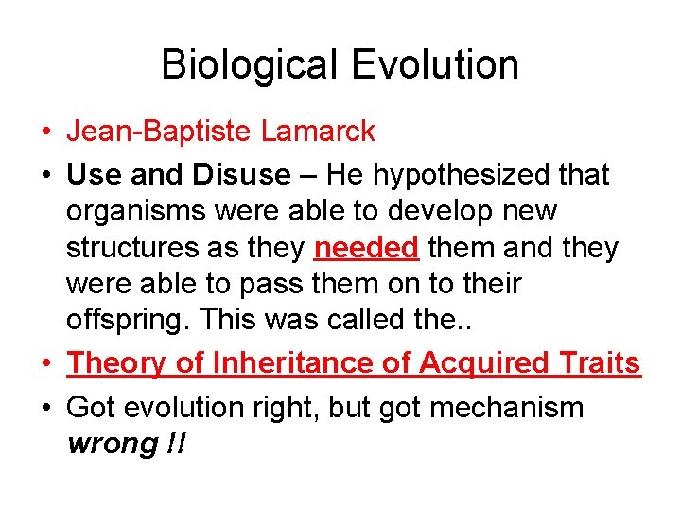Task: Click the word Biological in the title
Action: click(x=248, y=66)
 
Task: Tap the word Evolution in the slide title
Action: click(x=435, y=66)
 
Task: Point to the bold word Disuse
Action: click(x=241, y=175)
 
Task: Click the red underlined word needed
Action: click(x=366, y=248)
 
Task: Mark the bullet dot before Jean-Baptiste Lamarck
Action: click(x=46, y=132)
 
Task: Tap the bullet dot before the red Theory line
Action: click(x=46, y=363)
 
